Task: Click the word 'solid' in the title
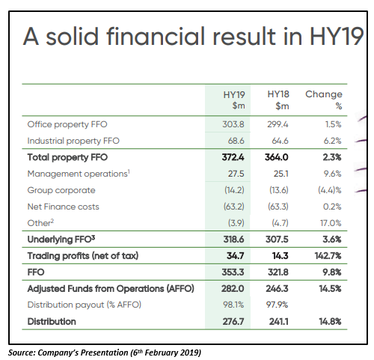click(73, 36)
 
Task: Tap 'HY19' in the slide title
click(337, 36)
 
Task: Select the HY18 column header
click(278, 100)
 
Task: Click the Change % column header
click(324, 100)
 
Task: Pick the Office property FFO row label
click(67, 124)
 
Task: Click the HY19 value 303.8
click(233, 124)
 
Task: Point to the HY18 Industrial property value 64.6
click(280, 141)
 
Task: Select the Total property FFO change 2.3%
click(332, 157)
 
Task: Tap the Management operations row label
click(79, 174)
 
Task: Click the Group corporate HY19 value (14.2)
click(234, 190)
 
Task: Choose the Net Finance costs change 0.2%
click(332, 207)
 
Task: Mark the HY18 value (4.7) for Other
click(280, 223)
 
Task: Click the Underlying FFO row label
click(61, 240)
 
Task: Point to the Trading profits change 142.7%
click(328, 256)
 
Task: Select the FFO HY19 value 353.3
click(233, 272)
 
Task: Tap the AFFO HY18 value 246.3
click(277, 289)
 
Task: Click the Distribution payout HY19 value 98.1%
click(233, 305)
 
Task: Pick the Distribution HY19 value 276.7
click(233, 321)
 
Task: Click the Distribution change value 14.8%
click(330, 321)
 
